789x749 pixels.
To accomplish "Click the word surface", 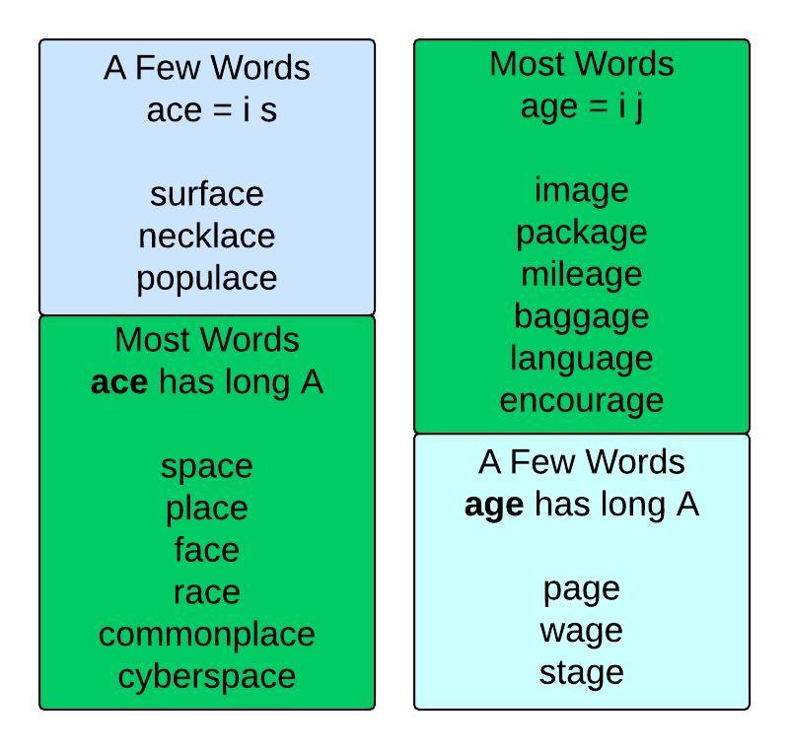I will (207, 194).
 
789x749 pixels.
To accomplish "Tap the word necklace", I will (207, 237).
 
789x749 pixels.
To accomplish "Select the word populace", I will (207, 279).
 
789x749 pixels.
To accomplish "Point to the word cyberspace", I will (207, 676).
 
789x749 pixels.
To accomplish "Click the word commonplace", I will (207, 634).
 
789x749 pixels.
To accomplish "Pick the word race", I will (207, 592).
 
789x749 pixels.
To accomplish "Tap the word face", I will (207, 550).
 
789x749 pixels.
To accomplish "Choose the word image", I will (581, 190).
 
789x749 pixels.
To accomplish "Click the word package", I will (581, 233).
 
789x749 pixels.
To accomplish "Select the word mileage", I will (581, 274).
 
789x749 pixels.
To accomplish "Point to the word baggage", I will (581, 316).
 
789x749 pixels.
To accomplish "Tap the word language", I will (581, 359).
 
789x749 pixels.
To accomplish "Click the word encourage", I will (581, 400).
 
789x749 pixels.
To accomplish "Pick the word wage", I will (581, 631).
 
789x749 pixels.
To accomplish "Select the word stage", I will (581, 672).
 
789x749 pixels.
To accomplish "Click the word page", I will (581, 588).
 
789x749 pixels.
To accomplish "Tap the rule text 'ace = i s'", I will (211, 110).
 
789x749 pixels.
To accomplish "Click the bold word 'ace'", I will (119, 382).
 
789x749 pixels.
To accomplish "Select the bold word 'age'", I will (494, 506).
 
